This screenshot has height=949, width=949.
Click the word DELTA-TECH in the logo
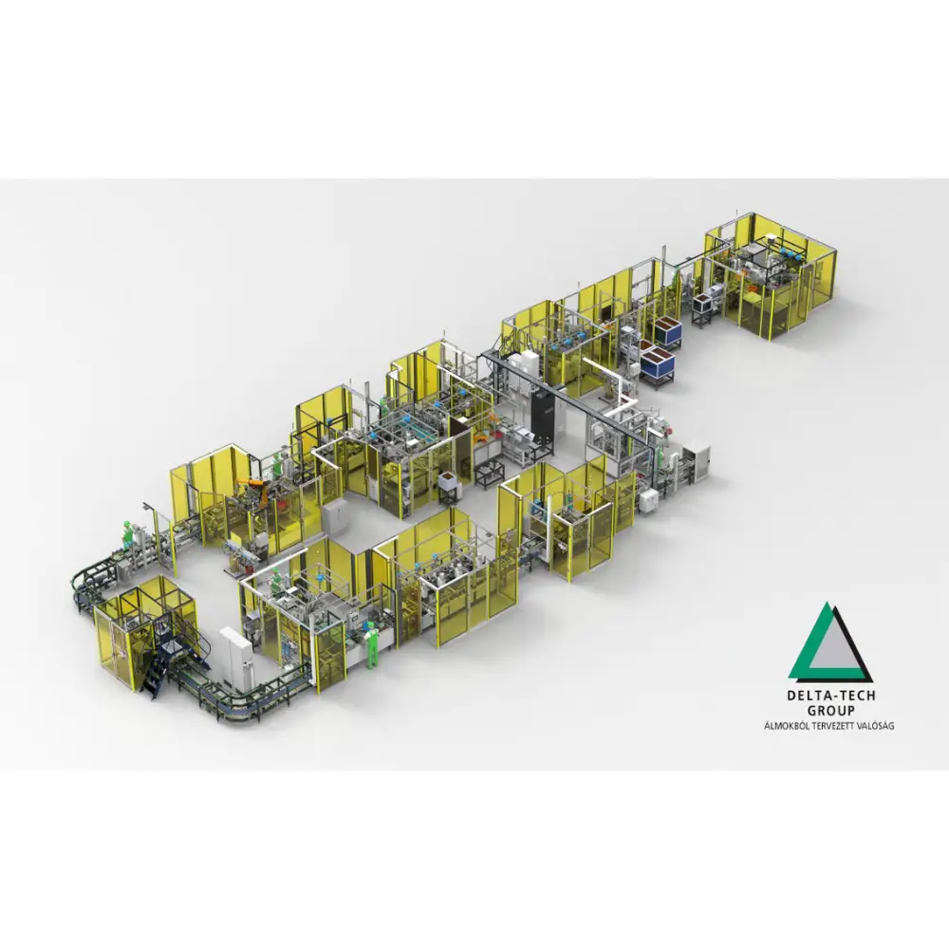(x=831, y=696)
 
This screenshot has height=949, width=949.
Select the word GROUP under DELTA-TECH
(x=831, y=711)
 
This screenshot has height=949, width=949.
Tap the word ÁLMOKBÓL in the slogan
(x=785, y=725)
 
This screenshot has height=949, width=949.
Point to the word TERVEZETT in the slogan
(x=829, y=726)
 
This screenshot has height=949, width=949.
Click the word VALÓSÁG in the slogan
(x=874, y=725)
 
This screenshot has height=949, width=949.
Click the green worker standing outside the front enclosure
(x=372, y=643)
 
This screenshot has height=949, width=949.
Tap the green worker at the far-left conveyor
(x=127, y=533)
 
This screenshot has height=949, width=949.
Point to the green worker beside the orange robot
(x=276, y=465)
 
